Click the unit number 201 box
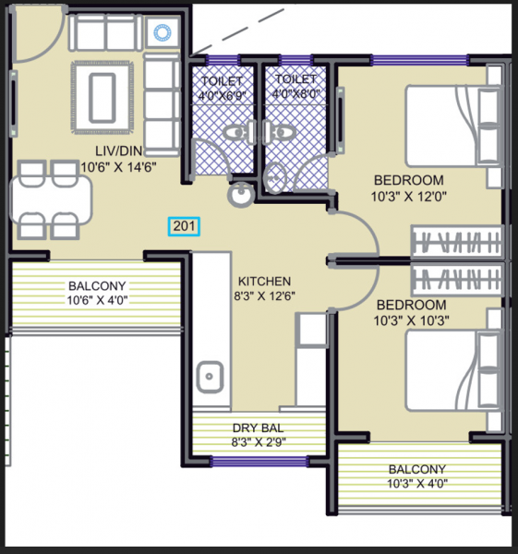(x=182, y=224)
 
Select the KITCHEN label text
(x=264, y=281)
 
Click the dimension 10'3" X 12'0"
(x=408, y=196)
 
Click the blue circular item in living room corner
(x=164, y=32)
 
